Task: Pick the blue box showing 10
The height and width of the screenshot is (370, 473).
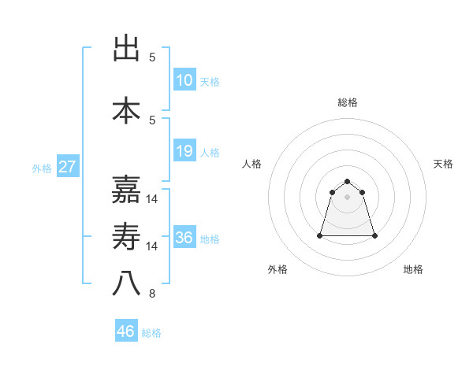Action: (x=184, y=80)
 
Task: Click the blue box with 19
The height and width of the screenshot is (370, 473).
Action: (x=184, y=151)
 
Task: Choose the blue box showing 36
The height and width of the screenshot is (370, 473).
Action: (x=184, y=238)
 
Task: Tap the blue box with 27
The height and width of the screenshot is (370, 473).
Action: (x=67, y=167)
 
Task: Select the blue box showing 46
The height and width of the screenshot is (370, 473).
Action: (x=126, y=331)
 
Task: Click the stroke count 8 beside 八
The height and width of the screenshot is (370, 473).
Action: (x=152, y=294)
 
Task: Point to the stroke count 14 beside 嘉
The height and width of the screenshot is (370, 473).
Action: (x=152, y=198)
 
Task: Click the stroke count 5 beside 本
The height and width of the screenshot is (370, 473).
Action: (x=152, y=120)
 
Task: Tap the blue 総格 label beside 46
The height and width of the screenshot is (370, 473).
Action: (x=152, y=333)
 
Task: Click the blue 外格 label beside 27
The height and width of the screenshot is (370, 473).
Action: (x=41, y=168)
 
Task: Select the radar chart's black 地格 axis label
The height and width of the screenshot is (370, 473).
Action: (x=413, y=269)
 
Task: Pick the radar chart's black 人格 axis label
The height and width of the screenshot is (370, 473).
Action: (x=251, y=164)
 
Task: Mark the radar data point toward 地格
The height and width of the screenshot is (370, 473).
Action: (x=374, y=235)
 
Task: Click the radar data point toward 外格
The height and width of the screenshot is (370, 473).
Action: (x=321, y=235)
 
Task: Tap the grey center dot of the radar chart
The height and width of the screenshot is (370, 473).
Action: (x=348, y=197)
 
